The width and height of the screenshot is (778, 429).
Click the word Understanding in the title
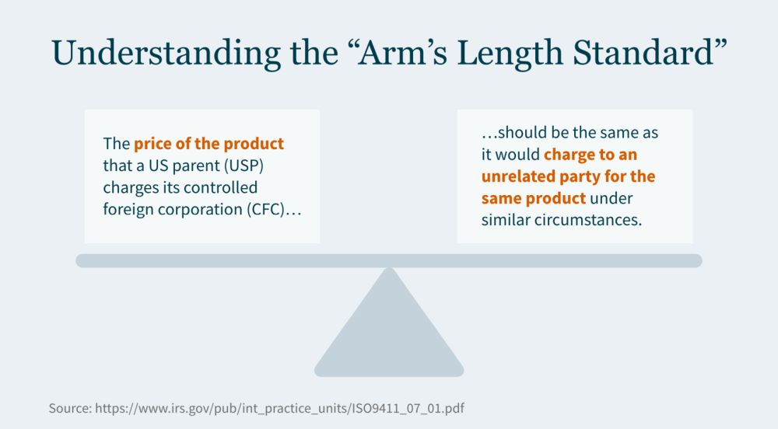[x=166, y=54]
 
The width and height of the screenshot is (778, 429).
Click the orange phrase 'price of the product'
[x=209, y=144]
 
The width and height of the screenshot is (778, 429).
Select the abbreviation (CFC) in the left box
[x=267, y=209]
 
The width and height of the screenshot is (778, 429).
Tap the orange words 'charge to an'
[x=591, y=155]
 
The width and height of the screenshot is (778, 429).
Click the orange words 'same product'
[x=534, y=198]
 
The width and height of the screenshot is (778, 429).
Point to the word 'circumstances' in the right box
[x=588, y=220]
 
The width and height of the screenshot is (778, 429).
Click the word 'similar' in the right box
[x=506, y=220]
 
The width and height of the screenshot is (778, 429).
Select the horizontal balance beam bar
[x=389, y=260]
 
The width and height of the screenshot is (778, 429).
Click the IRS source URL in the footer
[x=280, y=408]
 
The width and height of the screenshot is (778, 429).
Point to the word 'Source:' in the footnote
[x=70, y=408]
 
